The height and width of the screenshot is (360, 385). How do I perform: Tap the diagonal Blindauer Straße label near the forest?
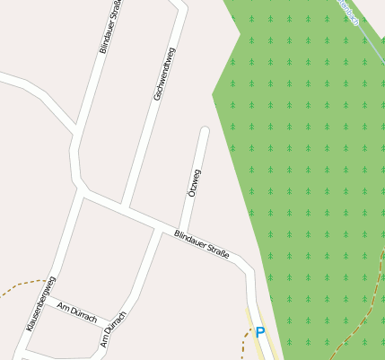[201, 246]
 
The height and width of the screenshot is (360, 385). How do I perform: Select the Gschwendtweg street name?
[163, 74]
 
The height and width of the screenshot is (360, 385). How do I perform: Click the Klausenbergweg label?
[40, 304]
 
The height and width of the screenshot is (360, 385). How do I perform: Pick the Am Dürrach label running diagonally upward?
[113, 329]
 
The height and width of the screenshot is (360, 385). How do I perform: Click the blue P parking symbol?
[260, 332]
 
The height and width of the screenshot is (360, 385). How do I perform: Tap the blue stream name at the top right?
[351, 13]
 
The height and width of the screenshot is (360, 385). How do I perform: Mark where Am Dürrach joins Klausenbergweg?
[44, 296]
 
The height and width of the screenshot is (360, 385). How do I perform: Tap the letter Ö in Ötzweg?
[191, 194]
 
